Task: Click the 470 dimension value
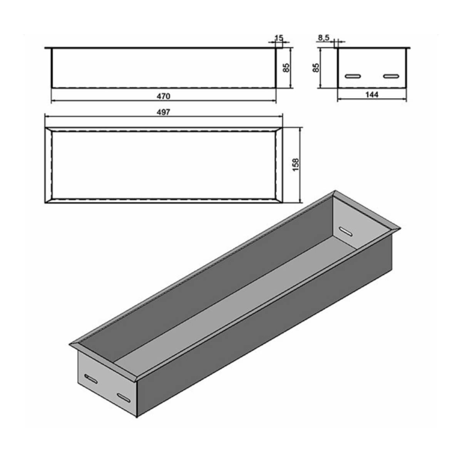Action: coord(164,95)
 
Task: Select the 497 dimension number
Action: coord(164,112)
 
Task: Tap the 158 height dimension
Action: coord(296,165)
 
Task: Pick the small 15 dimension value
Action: coord(279,38)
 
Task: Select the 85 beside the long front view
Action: coord(286,68)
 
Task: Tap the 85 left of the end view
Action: coord(316,68)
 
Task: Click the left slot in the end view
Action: coord(353,76)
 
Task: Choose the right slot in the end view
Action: coord(392,76)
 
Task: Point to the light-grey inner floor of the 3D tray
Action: coord(231,293)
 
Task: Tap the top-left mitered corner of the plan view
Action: coord(48,130)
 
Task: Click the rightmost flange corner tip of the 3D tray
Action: coord(400,228)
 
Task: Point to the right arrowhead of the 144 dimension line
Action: coord(405,100)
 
